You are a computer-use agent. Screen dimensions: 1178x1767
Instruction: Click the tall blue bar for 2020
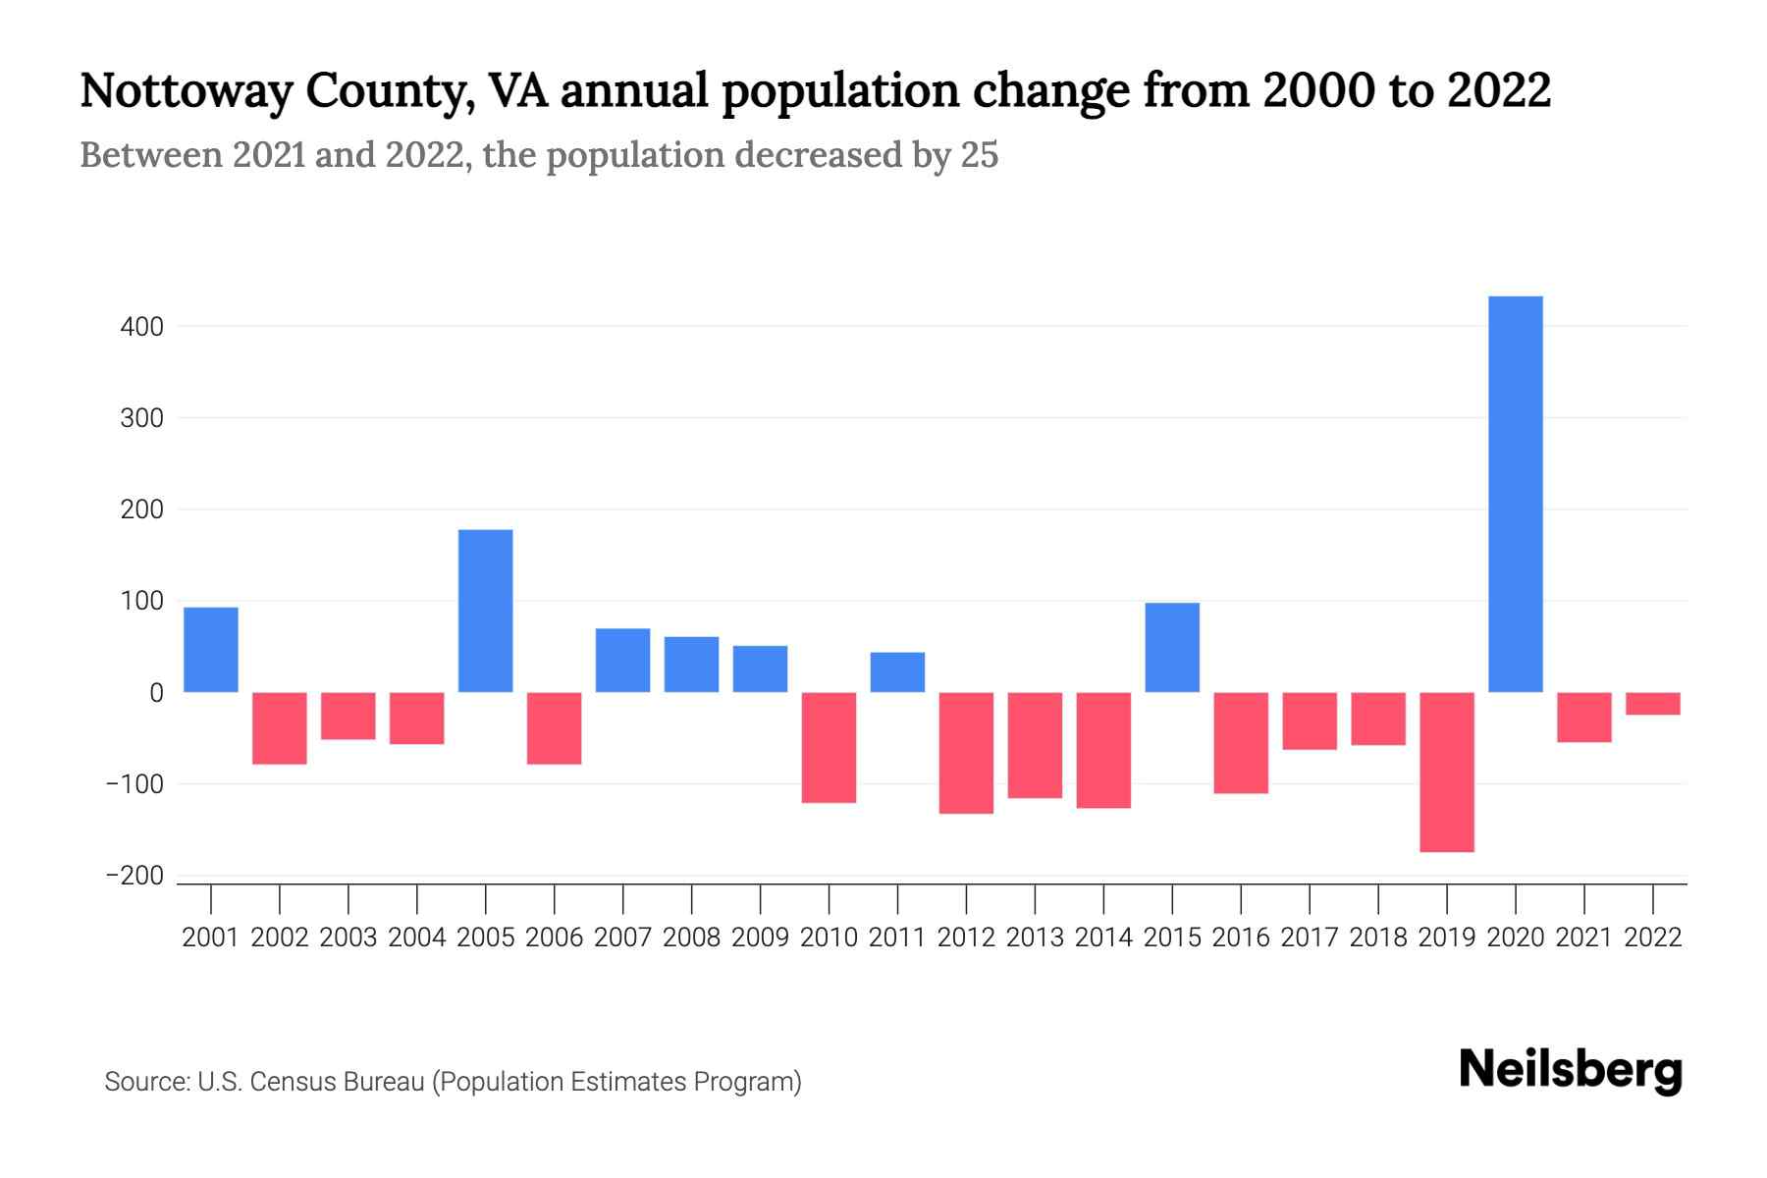[1515, 494]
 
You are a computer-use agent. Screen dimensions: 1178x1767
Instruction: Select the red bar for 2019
[1446, 772]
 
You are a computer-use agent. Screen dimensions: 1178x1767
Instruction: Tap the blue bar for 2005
[485, 611]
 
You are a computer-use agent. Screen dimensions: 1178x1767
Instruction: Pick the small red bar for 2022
[1652, 703]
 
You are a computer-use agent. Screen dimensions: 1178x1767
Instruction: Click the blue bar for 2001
[210, 650]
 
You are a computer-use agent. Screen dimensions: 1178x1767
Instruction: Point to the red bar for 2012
[966, 753]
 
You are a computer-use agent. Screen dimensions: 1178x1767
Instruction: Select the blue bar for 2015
[1172, 647]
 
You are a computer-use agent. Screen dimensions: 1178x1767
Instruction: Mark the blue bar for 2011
[897, 672]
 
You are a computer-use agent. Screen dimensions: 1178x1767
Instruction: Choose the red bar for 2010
[829, 747]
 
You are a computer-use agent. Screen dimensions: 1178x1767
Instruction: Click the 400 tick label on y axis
[142, 327]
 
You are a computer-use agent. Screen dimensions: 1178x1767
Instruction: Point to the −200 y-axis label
[134, 876]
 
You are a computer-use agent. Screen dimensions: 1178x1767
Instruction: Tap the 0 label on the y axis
[156, 693]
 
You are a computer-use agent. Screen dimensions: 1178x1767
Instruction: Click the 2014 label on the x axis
[1103, 937]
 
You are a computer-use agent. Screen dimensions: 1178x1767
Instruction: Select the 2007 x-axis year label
[622, 937]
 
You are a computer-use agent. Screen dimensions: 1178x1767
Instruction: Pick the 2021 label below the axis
[1583, 937]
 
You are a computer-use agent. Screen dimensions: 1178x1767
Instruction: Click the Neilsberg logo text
[1571, 1070]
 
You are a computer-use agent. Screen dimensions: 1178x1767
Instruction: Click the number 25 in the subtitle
[979, 155]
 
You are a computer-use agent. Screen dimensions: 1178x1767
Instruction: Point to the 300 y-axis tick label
[142, 418]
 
